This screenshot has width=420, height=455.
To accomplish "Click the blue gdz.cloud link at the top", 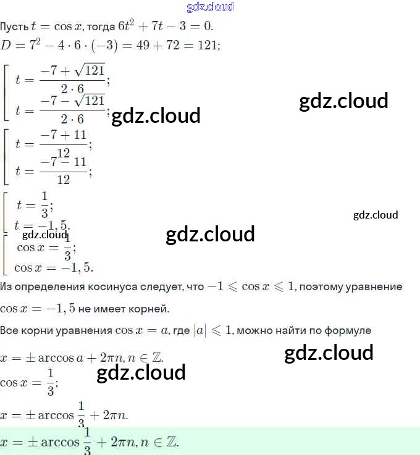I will coord(209,7).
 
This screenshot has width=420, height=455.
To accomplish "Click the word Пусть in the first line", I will coord(12,27).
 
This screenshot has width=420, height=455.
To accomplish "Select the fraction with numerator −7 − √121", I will coord(72,109).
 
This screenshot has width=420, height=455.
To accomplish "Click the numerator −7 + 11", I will coord(64,135).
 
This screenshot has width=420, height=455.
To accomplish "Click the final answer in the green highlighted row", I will coord(89,441).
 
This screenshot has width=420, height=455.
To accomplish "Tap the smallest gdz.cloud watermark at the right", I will coord(376,215).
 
